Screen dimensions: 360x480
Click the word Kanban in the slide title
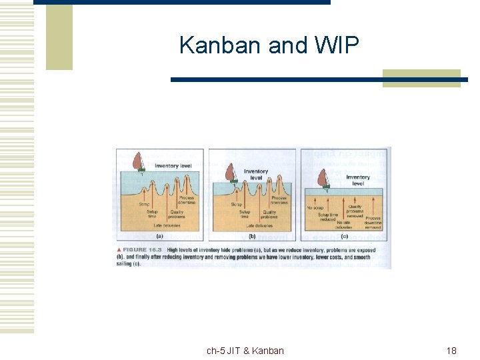coord(221,45)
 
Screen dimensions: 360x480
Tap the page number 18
coord(451,351)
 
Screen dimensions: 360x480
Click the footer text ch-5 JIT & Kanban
coord(245,351)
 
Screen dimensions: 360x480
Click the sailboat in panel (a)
coord(139,162)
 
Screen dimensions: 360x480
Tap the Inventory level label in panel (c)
coord(357,180)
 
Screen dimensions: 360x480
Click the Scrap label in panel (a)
coord(144,204)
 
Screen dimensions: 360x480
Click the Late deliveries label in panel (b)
coord(253,226)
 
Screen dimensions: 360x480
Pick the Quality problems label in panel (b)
coord(269,215)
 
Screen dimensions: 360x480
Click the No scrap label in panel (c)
coord(315,208)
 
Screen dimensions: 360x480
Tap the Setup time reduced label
coord(328,218)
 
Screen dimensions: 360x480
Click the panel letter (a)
coord(159,236)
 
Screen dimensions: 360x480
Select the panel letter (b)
coord(252,236)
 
